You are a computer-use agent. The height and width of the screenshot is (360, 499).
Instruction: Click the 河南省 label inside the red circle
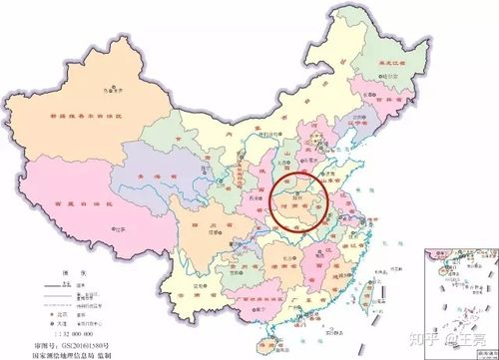pos(305,197)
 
